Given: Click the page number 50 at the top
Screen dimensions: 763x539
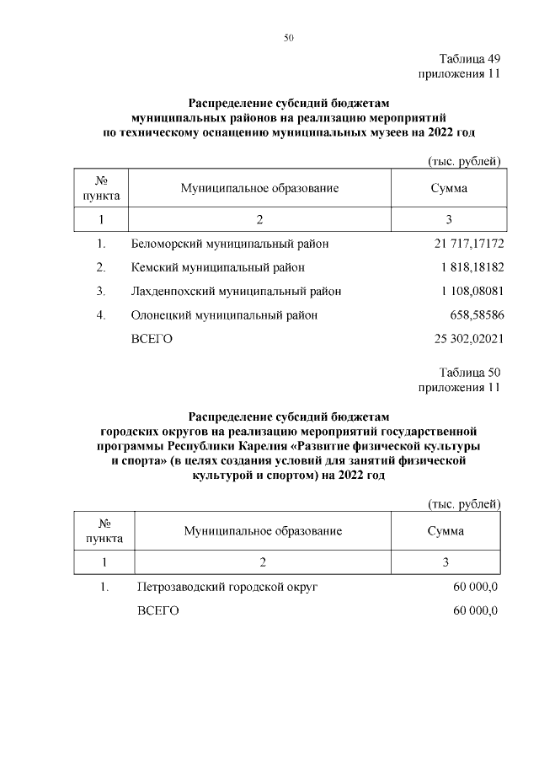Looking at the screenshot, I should point(288,38).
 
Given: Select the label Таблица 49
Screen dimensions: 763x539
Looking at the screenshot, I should point(470,60).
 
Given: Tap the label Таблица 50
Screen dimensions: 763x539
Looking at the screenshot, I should point(470,373).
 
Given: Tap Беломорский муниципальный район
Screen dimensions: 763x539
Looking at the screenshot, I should point(229,244).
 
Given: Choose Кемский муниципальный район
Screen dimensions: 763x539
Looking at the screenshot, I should point(217,268).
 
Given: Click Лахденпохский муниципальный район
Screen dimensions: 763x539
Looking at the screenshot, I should point(236,292).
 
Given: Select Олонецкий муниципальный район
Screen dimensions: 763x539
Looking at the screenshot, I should point(225,315).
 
